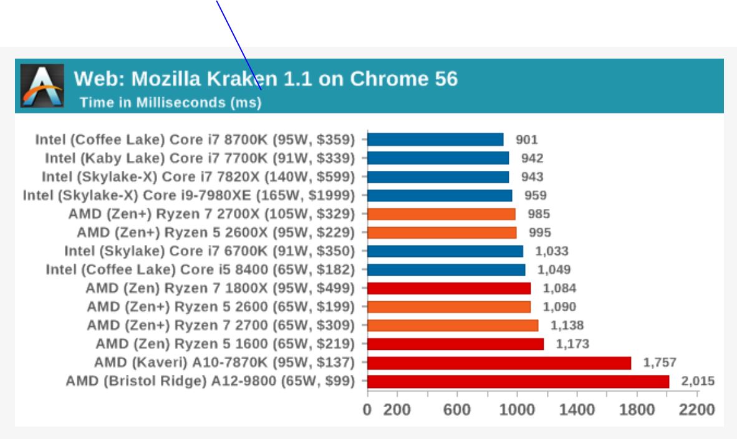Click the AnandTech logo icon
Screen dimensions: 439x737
tap(42, 85)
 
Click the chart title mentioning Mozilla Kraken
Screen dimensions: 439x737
tap(266, 79)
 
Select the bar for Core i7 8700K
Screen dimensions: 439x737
tap(435, 139)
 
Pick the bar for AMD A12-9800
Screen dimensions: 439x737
tap(518, 381)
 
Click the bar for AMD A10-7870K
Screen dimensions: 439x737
tap(499, 363)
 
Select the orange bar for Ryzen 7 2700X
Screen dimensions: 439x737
tap(441, 214)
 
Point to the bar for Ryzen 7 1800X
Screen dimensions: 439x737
tap(449, 288)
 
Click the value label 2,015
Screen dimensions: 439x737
tap(698, 381)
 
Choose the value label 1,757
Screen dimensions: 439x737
tap(660, 363)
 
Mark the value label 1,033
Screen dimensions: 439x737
tap(552, 251)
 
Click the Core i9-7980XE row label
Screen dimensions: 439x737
tap(189, 195)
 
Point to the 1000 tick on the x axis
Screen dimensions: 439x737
tap(516, 410)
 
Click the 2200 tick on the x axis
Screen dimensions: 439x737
tap(697, 410)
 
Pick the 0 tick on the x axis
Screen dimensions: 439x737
tap(367, 410)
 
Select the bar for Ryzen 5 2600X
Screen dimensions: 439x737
tap(442, 233)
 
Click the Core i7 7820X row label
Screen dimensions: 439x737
tap(198, 176)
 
